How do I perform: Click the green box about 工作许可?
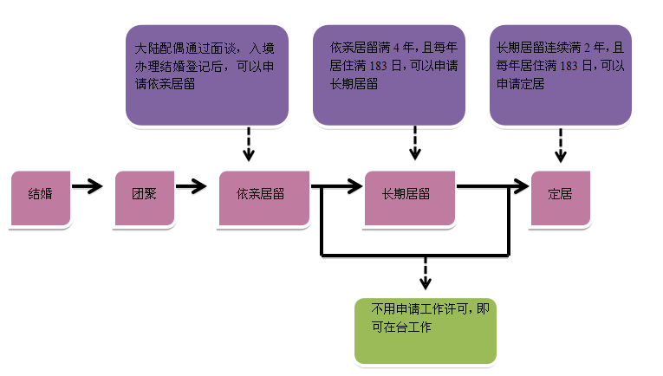click(x=425, y=330)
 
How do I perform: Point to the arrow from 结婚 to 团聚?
click(x=88, y=186)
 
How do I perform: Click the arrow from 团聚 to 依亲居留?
click(x=192, y=186)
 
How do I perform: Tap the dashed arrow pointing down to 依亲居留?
click(x=250, y=145)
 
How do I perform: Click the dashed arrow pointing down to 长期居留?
click(x=415, y=145)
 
